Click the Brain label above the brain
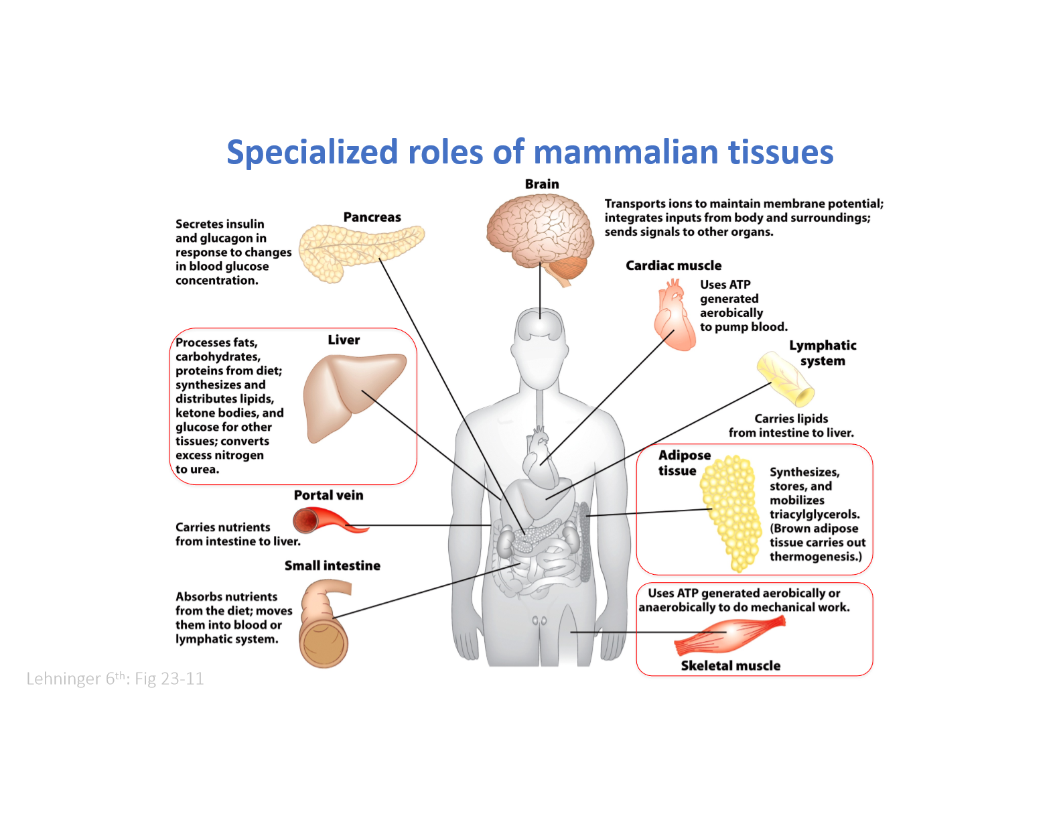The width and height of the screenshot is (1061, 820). (541, 184)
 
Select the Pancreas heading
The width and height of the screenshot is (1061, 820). (372, 217)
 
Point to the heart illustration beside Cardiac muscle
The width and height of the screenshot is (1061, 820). (675, 315)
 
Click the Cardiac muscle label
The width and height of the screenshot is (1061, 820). (673, 265)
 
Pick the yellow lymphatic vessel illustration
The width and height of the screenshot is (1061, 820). (785, 379)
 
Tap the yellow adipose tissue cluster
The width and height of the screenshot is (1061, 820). (731, 512)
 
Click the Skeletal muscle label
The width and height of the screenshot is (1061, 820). (731, 666)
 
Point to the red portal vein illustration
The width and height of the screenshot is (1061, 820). (330, 521)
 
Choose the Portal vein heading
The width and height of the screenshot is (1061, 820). (329, 495)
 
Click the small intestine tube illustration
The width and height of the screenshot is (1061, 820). (324, 624)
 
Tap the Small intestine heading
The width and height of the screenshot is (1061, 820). (332, 565)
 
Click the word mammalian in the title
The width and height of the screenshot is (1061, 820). (626, 152)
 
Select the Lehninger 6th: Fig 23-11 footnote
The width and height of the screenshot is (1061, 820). (115, 679)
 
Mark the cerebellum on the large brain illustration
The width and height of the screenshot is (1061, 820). (569, 269)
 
